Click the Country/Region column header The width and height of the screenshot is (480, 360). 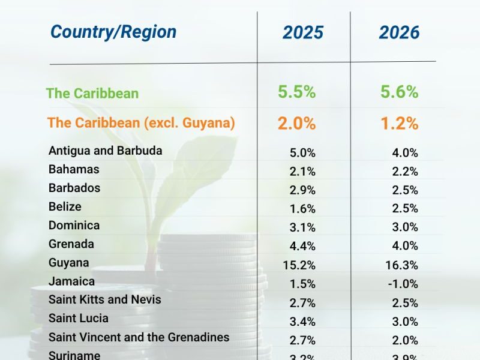click(x=113, y=32)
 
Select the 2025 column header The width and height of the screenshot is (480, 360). click(x=303, y=32)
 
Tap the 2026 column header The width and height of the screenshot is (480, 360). click(x=399, y=32)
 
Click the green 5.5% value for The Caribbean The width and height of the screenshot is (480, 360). click(x=296, y=92)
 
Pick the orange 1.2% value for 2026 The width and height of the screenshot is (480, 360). click(x=399, y=123)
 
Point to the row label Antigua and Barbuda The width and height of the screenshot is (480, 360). click(x=106, y=151)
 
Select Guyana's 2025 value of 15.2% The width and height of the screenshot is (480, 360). click(x=299, y=265)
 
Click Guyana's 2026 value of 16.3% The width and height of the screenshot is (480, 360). click(x=401, y=265)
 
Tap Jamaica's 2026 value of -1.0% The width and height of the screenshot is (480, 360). click(x=403, y=284)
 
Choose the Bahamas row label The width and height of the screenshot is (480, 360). click(x=74, y=169)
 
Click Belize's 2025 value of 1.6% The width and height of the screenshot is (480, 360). click(x=302, y=209)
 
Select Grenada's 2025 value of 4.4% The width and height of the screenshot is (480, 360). click(x=302, y=245)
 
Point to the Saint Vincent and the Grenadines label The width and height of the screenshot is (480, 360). click(x=139, y=337)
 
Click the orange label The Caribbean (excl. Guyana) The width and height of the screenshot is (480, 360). click(x=141, y=123)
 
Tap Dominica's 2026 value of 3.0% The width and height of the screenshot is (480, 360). click(x=405, y=227)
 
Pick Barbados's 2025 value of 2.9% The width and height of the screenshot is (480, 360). click(x=302, y=190)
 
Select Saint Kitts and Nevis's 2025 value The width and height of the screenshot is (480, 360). click(x=302, y=302)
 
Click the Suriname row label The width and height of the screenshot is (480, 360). click(x=74, y=355)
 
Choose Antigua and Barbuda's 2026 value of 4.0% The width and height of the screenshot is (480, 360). click(x=405, y=153)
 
